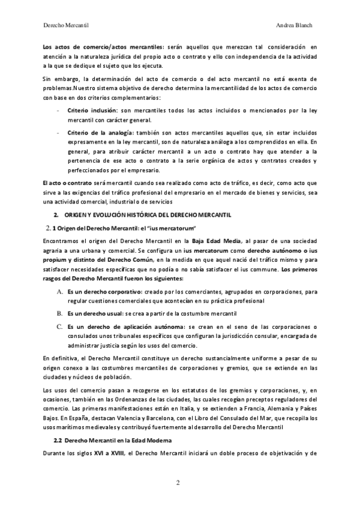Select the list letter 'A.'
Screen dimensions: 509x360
60,291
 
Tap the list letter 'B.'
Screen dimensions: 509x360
60,313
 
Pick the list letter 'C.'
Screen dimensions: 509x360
60,326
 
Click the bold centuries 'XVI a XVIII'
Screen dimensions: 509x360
101,454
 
